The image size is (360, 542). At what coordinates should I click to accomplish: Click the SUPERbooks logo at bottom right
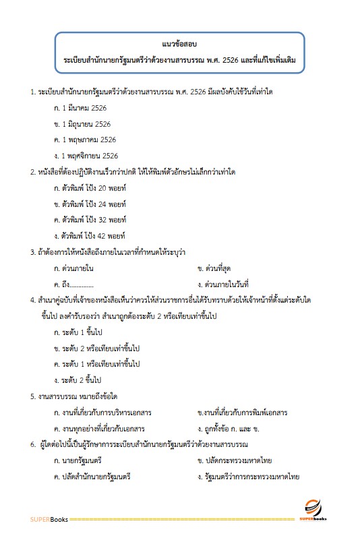(314, 510)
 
